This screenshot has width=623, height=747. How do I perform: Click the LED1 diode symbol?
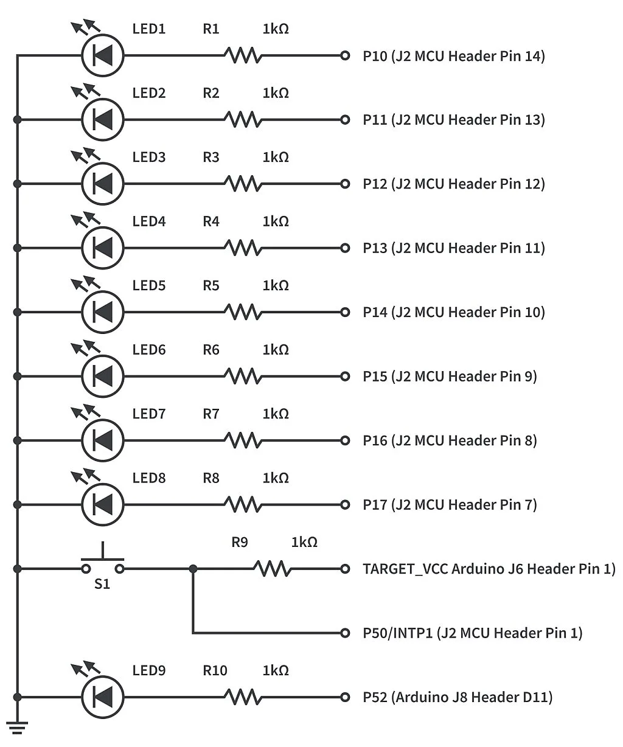103,55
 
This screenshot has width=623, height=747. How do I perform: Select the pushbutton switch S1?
103,563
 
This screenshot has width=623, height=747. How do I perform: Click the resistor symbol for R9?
272,569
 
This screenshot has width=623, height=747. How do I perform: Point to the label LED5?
149,286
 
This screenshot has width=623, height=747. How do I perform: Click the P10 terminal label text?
453,56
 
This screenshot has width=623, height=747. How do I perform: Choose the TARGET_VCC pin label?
489,569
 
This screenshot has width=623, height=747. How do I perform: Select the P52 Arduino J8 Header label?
457,697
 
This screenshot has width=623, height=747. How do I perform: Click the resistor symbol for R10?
243,697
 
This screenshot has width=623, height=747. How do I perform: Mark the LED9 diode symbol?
103,697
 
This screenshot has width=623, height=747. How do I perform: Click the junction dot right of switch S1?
193,569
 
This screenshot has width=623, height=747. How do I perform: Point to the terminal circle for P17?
345,504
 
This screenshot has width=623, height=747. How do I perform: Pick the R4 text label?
211,221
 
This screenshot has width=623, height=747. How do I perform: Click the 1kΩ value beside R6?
276,350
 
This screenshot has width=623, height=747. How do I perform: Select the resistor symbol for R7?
243,440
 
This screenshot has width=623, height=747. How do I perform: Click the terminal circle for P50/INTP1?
345,633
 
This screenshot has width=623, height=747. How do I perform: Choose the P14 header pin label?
453,312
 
